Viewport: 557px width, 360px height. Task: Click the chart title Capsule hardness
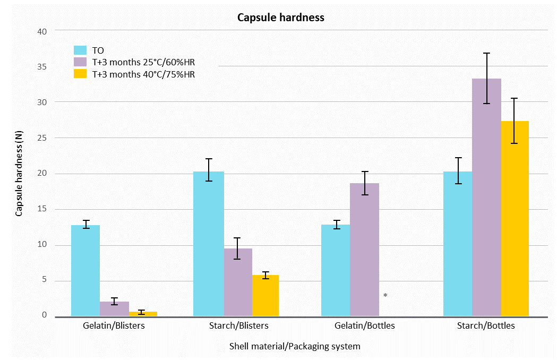281,18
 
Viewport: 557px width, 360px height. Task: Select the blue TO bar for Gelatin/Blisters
85,270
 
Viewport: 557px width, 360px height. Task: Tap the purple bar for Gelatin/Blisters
114,309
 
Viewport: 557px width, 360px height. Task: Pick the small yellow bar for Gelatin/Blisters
143,314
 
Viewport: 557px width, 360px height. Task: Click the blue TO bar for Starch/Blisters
209,244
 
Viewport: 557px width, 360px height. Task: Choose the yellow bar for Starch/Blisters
265,296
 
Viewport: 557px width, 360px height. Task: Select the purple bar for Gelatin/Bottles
364,250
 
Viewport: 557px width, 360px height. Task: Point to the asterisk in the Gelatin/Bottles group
385,295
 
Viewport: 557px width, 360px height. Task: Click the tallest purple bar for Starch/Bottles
487,197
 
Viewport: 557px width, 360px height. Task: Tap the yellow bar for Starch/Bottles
515,219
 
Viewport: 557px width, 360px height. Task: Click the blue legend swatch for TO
80,50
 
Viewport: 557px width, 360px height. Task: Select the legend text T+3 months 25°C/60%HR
143,62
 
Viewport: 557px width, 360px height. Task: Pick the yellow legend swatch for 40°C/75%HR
80,74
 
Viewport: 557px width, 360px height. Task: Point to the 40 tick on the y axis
42,32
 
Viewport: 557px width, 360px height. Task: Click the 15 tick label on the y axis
42,209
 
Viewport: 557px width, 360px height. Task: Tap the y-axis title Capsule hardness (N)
19,174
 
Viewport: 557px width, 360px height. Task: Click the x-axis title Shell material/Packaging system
295,346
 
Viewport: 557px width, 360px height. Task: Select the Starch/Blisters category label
239,325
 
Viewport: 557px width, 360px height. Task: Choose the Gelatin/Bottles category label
364,325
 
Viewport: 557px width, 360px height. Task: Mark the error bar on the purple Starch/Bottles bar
487,78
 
